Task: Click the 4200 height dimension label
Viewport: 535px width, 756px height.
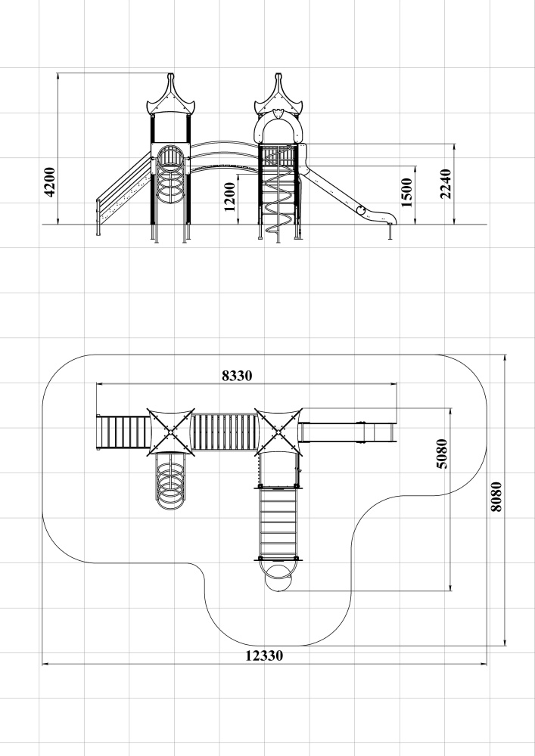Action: (x=50, y=182)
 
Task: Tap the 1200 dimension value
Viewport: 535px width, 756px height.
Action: (x=229, y=197)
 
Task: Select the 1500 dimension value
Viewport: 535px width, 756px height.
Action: (x=406, y=193)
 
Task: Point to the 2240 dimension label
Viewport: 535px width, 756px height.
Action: (x=446, y=184)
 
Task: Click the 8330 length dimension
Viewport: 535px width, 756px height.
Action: (x=237, y=376)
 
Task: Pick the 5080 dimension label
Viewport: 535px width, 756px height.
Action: (x=441, y=454)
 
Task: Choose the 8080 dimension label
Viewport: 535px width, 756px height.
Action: (x=496, y=497)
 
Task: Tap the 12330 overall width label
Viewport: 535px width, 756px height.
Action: (x=264, y=655)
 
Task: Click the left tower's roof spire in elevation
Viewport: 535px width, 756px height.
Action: (x=170, y=94)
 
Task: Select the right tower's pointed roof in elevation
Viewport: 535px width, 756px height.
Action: (x=278, y=94)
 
